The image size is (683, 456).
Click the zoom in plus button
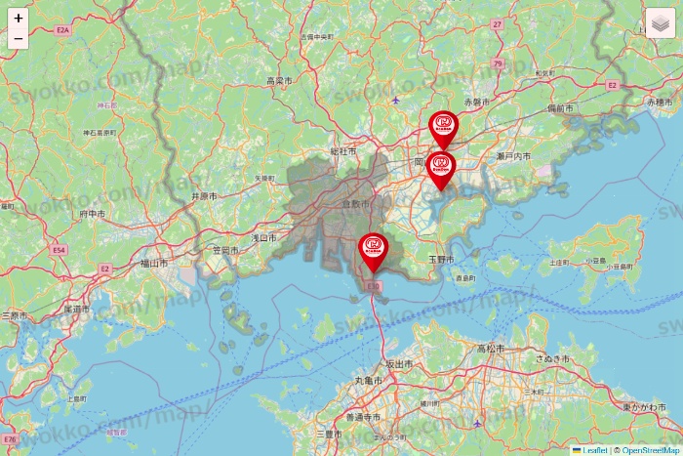click(x=19, y=18)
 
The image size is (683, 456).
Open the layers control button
click(x=660, y=22)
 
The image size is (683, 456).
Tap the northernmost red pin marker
click(x=443, y=127)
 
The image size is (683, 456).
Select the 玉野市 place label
click(x=441, y=259)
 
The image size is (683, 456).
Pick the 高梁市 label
click(x=279, y=80)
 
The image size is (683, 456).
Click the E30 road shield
click(x=374, y=285)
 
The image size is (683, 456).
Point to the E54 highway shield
click(x=59, y=250)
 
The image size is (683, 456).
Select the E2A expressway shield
click(x=62, y=31)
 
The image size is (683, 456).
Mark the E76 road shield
click(x=11, y=439)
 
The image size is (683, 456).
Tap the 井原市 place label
click(x=203, y=196)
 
